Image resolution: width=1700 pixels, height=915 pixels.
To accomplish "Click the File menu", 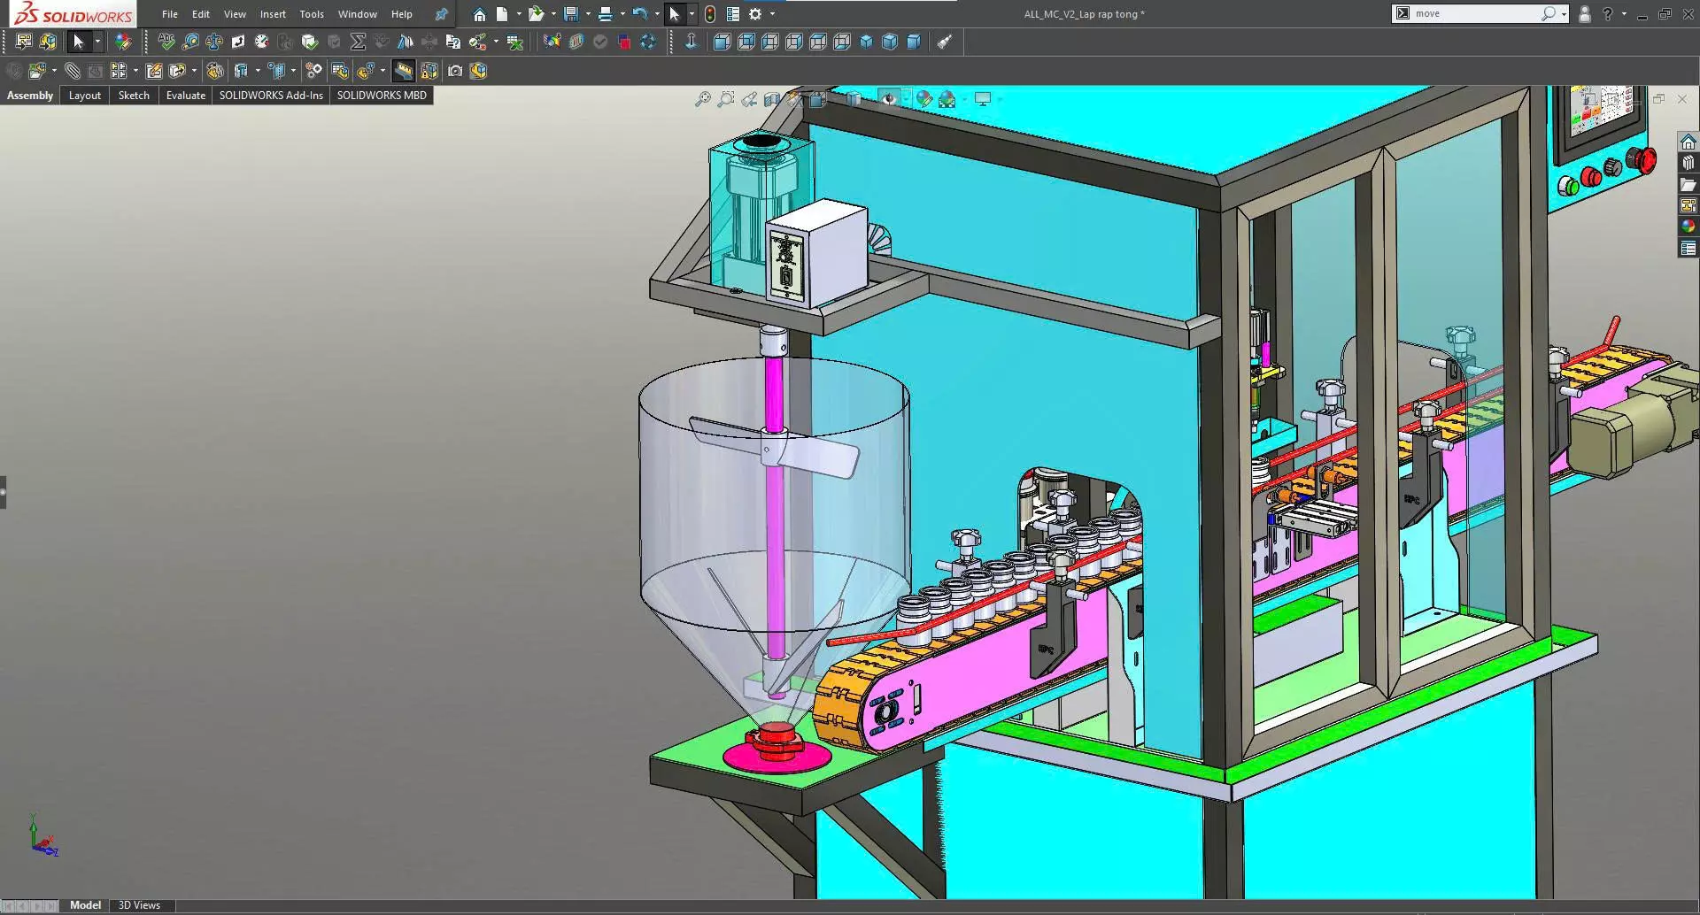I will click(x=169, y=14).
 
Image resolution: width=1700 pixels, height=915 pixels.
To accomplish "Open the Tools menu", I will click(x=311, y=14).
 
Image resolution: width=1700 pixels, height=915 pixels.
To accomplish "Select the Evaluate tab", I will click(x=185, y=96).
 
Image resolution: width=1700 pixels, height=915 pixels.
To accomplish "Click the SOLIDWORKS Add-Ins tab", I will click(x=271, y=96).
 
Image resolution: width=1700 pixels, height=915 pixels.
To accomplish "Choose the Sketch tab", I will click(x=134, y=96).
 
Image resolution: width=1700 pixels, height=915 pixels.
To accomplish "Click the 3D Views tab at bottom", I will click(x=139, y=905).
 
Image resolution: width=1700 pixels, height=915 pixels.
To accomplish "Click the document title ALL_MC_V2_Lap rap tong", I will click(x=1084, y=14).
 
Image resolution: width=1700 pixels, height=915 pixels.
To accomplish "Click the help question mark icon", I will click(x=1607, y=14).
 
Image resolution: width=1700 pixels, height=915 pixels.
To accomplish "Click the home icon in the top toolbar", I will click(x=479, y=14).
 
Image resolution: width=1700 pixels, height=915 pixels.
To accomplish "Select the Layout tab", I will click(x=85, y=96).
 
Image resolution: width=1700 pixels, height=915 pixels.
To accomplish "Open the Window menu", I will click(x=357, y=14).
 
